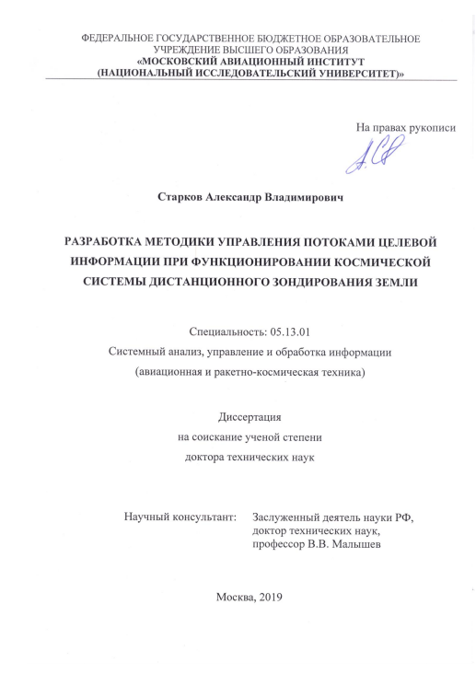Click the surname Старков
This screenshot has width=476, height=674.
pyautogui.click(x=180, y=196)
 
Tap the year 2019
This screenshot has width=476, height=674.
pyautogui.click(x=268, y=596)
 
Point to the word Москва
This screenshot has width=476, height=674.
pyautogui.click(x=233, y=596)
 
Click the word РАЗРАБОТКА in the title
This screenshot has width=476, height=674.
pyautogui.click(x=108, y=243)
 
